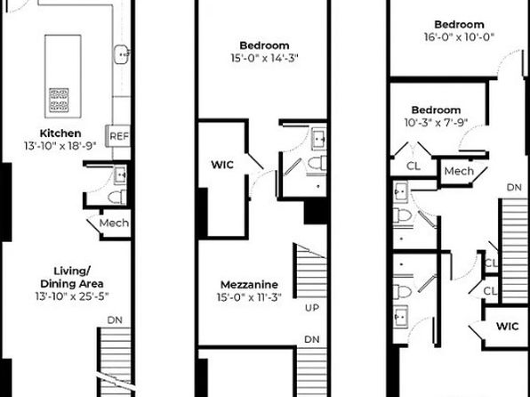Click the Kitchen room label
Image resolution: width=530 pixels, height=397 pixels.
pyautogui.click(x=60, y=133)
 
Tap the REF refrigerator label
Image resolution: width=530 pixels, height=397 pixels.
pyautogui.click(x=119, y=136)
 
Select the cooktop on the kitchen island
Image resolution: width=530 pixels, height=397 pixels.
pyautogui.click(x=59, y=101)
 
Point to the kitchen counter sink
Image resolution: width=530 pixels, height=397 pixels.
pyautogui.click(x=121, y=54)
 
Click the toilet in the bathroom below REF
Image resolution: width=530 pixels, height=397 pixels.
pyautogui.click(x=117, y=198)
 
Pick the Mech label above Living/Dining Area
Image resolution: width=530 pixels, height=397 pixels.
pyautogui.click(x=114, y=223)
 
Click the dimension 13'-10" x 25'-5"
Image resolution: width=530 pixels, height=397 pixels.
pyautogui.click(x=72, y=296)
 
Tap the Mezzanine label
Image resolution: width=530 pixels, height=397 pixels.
pyautogui.click(x=249, y=284)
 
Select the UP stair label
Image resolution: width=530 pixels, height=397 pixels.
pyautogui.click(x=311, y=308)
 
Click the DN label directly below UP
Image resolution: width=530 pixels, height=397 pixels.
pyautogui.click(x=311, y=339)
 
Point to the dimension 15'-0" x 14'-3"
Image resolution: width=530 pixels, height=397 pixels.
pyautogui.click(x=265, y=58)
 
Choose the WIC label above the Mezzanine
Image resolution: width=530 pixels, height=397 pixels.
pyautogui.click(x=222, y=165)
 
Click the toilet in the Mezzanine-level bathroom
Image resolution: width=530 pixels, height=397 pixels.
pyautogui.click(x=317, y=163)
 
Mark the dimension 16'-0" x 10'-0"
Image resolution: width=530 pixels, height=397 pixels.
pyautogui.click(x=460, y=36)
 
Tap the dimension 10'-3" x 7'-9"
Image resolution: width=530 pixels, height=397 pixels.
pyautogui.click(x=436, y=122)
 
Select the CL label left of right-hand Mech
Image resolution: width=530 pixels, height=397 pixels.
pyautogui.click(x=414, y=166)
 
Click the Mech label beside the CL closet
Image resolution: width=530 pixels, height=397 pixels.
pyautogui.click(x=459, y=171)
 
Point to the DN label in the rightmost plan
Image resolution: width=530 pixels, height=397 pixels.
pyautogui.click(x=514, y=187)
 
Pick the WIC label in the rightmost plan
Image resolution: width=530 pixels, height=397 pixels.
pyautogui.click(x=508, y=327)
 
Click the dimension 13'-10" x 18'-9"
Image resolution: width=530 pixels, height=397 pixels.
pyautogui.click(x=60, y=146)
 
